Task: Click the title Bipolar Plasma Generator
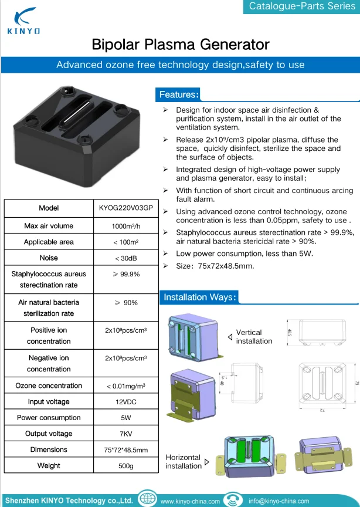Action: pos(180,45)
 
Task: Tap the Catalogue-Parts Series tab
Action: pos(302,6)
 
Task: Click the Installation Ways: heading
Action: pos(200,297)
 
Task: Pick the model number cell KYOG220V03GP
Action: pos(125,208)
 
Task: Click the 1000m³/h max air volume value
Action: pos(125,226)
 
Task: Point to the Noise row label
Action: pos(49,258)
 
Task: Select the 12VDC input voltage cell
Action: pos(125,402)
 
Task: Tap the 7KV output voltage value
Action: pos(125,434)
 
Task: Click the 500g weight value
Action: pos(125,465)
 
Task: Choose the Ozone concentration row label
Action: pos(49,386)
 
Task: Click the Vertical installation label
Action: pos(254,337)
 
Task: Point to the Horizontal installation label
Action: pos(184,461)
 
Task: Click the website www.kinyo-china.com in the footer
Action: pos(190,501)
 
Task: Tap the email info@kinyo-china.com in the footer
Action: pos(279,501)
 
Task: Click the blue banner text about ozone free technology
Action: pos(180,65)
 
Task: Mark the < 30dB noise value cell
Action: pos(125,258)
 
